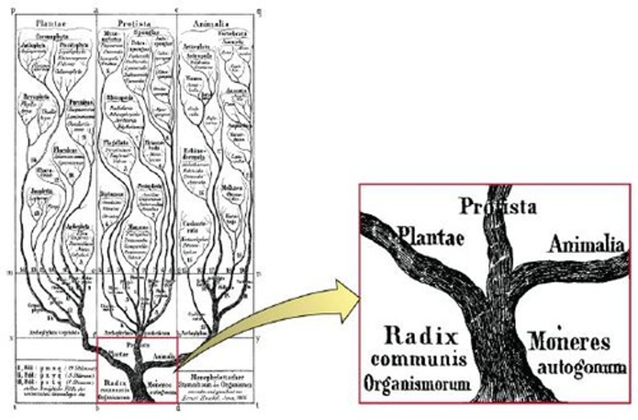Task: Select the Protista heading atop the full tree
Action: [x=134, y=24]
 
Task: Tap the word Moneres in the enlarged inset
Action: [x=570, y=341]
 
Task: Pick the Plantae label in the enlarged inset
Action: [x=431, y=236]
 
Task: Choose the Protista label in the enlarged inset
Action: [x=498, y=206]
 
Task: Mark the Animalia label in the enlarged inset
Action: [x=587, y=244]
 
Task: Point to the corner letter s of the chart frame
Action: [x=15, y=407]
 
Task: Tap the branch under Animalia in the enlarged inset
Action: [x=572, y=271]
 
